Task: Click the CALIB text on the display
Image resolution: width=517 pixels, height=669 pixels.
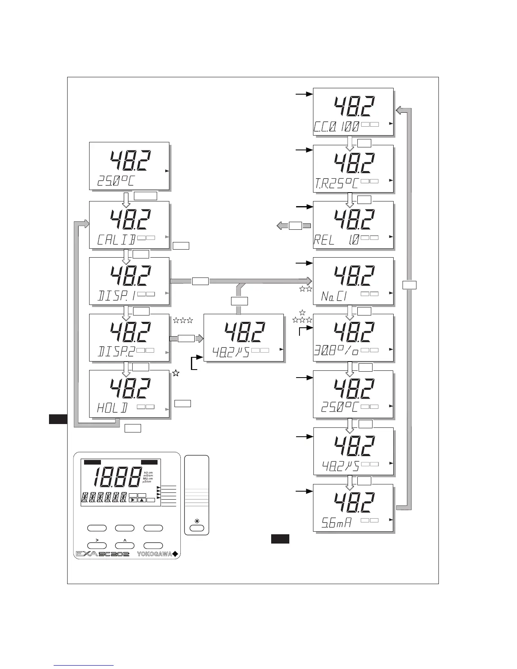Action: tap(116, 239)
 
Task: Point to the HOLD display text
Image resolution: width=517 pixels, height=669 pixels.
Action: tap(112, 408)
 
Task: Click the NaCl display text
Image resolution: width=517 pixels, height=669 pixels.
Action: tap(334, 296)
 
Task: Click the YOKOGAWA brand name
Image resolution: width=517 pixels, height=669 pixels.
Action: tap(155, 554)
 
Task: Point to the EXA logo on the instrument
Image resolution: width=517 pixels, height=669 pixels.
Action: tap(86, 554)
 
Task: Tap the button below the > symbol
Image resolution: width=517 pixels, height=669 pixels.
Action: tap(96, 546)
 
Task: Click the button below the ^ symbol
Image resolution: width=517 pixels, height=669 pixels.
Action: tap(125, 546)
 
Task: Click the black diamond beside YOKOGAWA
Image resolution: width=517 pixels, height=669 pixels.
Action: tap(175, 554)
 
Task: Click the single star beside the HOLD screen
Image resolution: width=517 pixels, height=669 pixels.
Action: tap(176, 373)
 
